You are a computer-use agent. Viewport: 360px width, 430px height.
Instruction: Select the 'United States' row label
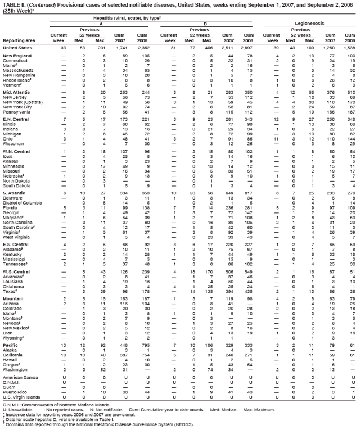[17, 48]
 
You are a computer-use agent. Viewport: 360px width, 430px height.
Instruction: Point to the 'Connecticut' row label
[15, 61]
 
